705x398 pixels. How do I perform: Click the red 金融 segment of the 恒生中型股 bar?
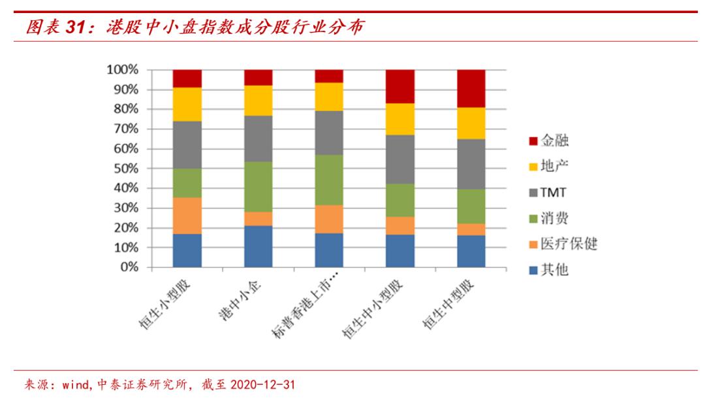[471, 88]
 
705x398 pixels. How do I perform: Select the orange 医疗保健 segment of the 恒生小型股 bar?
[187, 216]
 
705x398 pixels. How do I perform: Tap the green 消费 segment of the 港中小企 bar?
[258, 186]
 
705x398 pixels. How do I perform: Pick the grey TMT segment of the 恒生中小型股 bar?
[400, 159]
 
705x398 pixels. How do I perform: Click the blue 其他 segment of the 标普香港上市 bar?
[329, 250]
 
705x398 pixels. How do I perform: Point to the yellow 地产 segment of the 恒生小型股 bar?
[187, 104]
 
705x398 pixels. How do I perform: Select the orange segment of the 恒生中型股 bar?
[471, 229]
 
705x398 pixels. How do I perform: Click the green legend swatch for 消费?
[533, 218]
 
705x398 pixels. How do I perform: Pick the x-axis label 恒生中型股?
[450, 307]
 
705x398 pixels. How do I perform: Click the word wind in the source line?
[76, 384]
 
